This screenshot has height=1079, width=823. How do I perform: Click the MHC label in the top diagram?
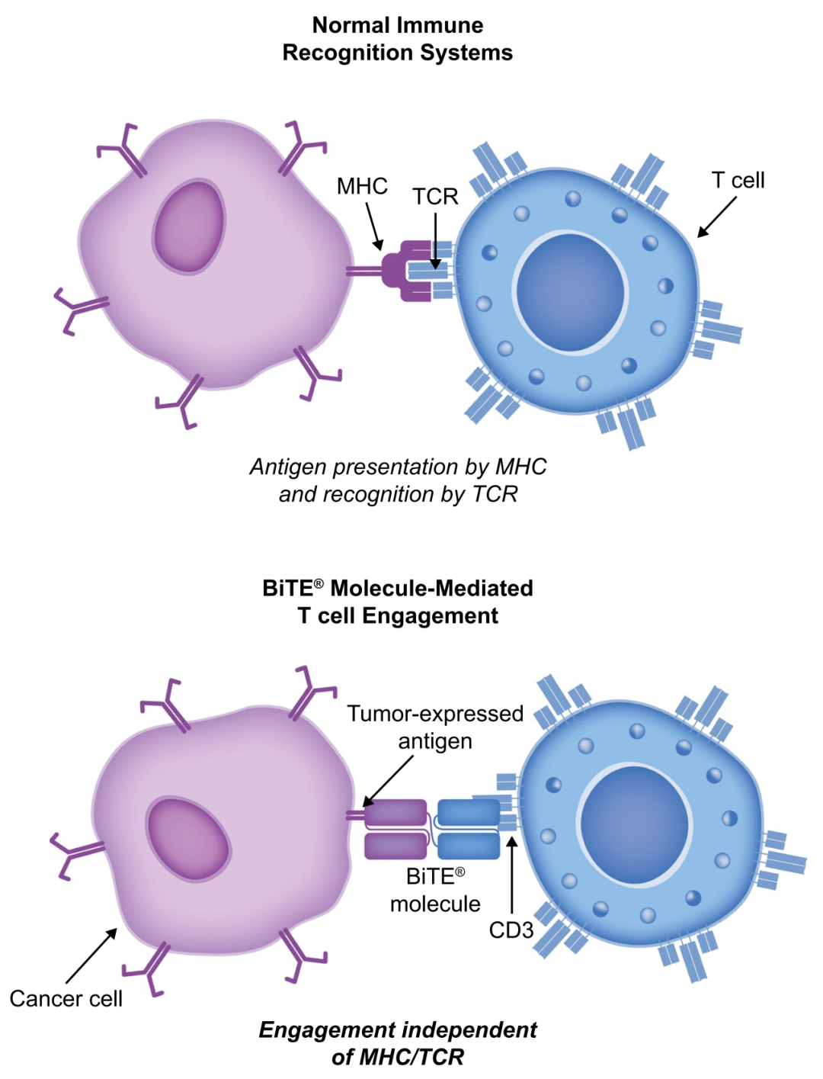click(x=362, y=186)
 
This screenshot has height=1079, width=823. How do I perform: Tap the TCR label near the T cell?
click(x=435, y=197)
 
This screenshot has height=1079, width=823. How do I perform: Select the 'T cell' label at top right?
click(x=738, y=181)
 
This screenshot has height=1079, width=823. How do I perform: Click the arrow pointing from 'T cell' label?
click(x=717, y=217)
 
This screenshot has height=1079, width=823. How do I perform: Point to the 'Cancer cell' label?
click(x=66, y=999)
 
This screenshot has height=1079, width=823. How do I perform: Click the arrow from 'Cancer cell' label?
click(x=91, y=955)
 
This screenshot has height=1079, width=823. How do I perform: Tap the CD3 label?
click(x=511, y=930)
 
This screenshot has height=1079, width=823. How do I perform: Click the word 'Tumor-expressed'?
click(x=435, y=714)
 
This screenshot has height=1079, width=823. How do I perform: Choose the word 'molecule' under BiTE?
click(x=435, y=904)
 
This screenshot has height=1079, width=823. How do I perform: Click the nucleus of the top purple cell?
click(x=189, y=227)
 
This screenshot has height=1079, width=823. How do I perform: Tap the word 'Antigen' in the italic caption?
click(x=288, y=467)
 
